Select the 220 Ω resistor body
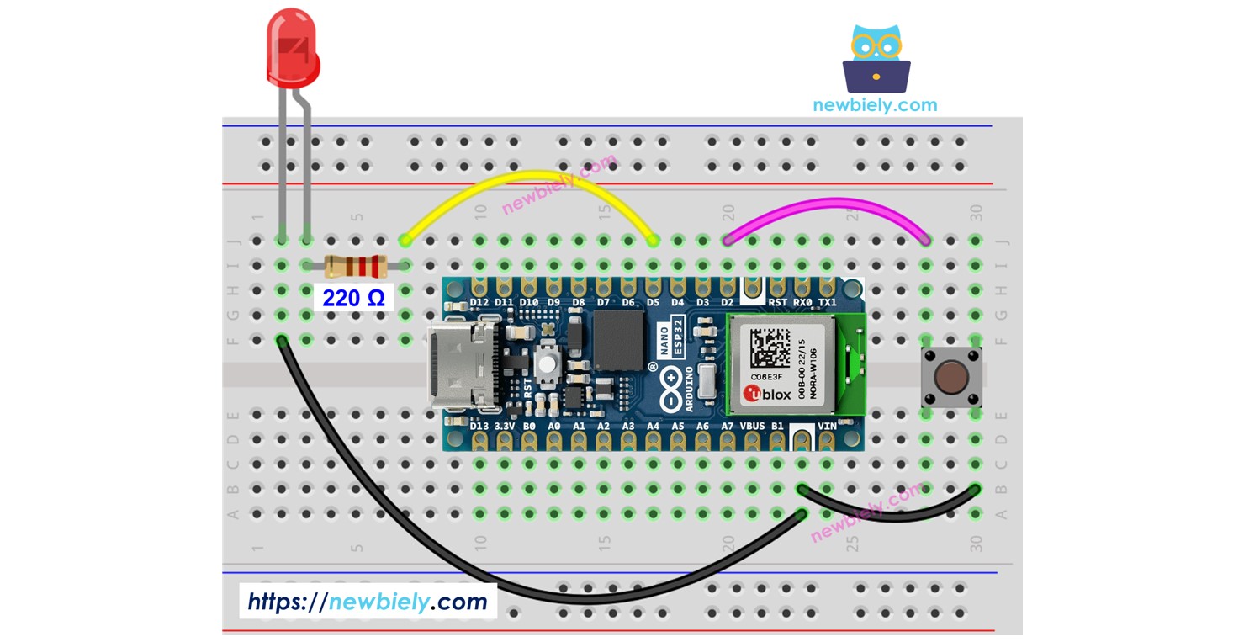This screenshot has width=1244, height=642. (356, 267)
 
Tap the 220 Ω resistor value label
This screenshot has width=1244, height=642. (353, 297)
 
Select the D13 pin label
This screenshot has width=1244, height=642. (479, 427)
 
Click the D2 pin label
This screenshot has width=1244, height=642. (727, 302)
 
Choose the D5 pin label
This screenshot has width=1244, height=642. (653, 302)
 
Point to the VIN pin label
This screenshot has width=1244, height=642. (827, 427)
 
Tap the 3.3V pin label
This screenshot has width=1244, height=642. (504, 427)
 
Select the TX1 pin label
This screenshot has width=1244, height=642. (827, 302)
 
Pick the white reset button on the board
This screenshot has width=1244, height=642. (548, 363)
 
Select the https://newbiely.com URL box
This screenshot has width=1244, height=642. (368, 601)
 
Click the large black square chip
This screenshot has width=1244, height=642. (618, 339)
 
